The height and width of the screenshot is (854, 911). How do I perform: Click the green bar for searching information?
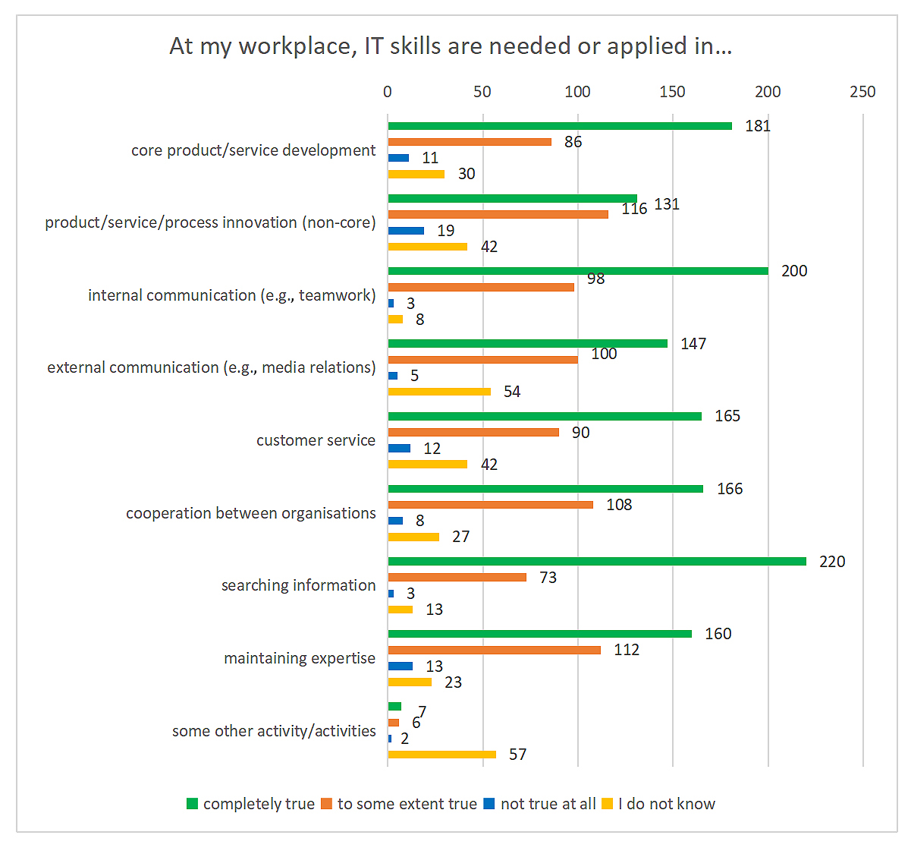[596, 562]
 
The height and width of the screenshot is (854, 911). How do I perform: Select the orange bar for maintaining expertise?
[494, 650]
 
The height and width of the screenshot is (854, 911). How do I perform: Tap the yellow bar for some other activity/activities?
[441, 755]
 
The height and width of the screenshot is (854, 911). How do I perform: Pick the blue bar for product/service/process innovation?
[406, 231]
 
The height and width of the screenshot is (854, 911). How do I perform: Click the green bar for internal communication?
[577, 271]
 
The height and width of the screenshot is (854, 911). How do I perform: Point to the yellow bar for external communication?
[439, 392]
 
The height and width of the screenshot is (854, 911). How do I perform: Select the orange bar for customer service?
[473, 433]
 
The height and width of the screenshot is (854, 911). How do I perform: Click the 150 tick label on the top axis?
[672, 92]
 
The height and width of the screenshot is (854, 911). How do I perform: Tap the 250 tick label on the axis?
[862, 92]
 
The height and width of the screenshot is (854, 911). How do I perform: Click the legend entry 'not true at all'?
[548, 804]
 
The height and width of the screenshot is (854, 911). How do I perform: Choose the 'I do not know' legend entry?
[666, 804]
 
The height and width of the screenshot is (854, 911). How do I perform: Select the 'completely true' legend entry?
[258, 804]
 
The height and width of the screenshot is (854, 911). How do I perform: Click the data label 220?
[832, 562]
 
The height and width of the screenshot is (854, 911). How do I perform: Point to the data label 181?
[758, 126]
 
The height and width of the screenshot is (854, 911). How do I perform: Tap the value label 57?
[517, 755]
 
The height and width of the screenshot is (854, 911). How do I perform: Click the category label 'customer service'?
[316, 440]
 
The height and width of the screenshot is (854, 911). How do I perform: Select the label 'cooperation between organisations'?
[250, 513]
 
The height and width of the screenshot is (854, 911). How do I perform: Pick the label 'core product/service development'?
[253, 150]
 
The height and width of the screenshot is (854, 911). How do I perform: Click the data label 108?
[619, 505]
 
